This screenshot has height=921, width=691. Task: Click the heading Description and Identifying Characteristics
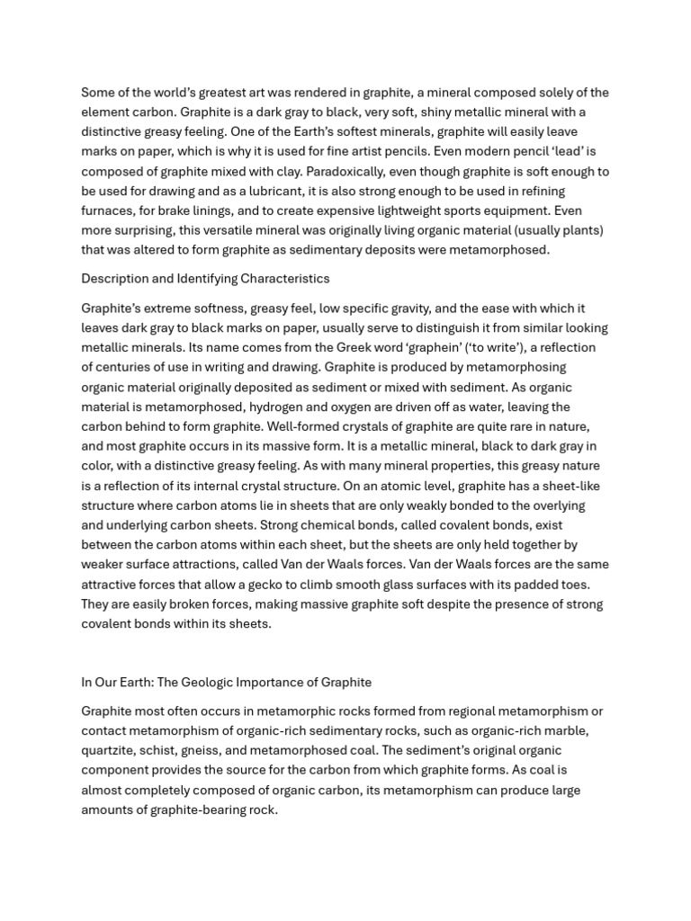coord(205,279)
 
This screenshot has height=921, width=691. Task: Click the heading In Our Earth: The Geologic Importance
coord(226,683)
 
